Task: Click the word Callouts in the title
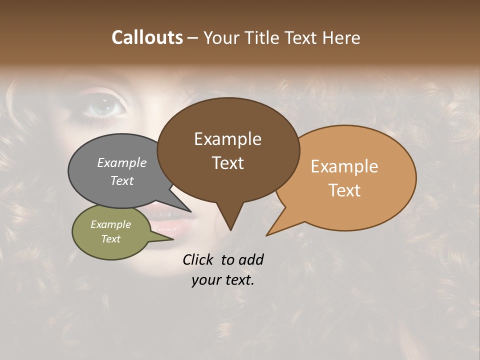(x=147, y=37)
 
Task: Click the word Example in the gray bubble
(x=122, y=162)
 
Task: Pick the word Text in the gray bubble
(x=122, y=180)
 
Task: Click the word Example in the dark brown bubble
(x=227, y=139)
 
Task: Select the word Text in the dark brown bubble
(x=227, y=162)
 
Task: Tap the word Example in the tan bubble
(x=344, y=166)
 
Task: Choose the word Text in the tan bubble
(x=344, y=190)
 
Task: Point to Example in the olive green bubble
(x=110, y=224)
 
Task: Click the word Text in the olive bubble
(x=110, y=239)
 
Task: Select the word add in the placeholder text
(x=251, y=259)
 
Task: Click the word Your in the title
(x=221, y=37)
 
